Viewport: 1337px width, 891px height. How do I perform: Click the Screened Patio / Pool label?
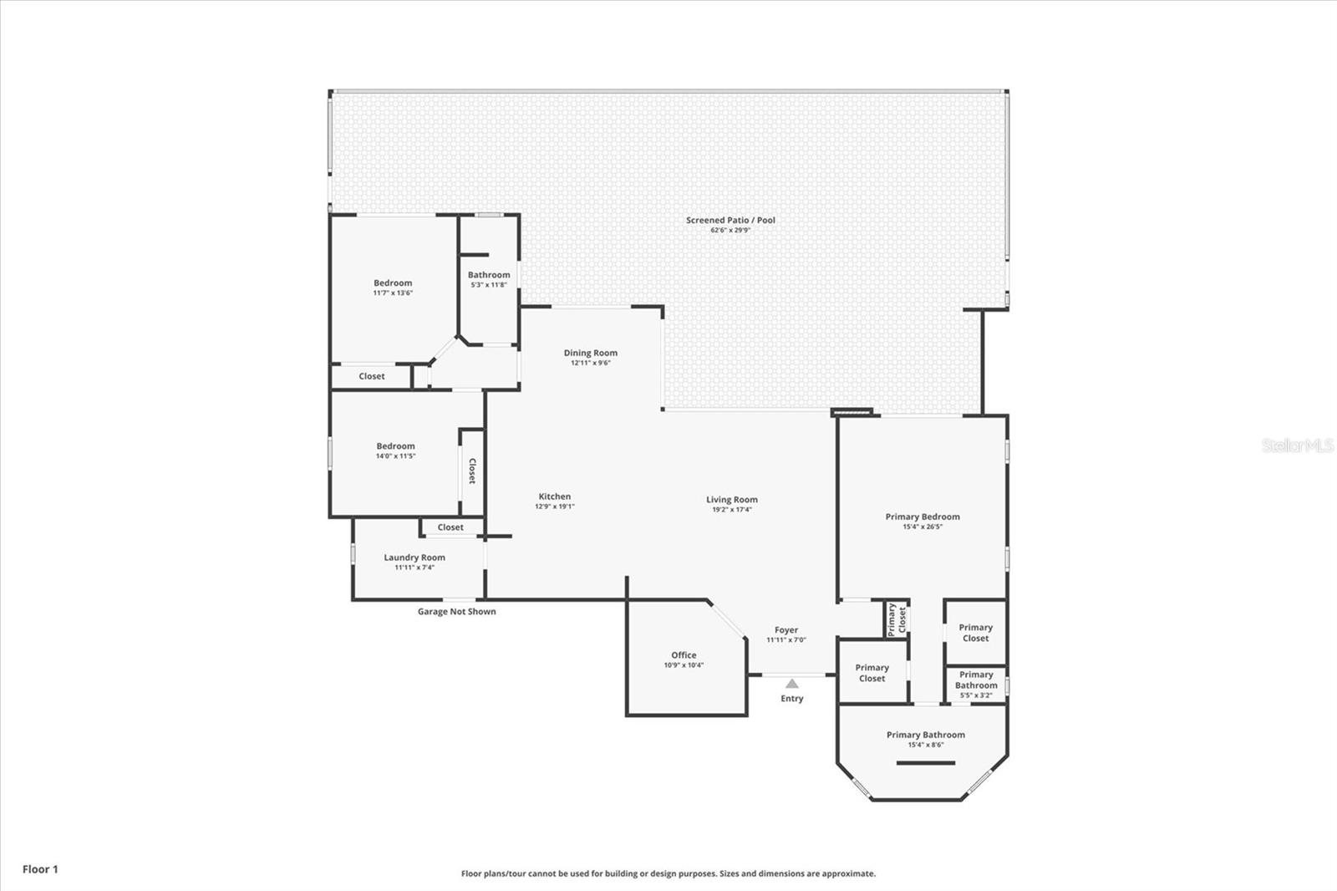[730, 221]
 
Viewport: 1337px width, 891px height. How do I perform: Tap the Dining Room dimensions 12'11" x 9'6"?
[590, 363]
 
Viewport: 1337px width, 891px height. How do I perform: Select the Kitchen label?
[554, 496]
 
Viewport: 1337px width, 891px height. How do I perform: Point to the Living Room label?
[731, 500]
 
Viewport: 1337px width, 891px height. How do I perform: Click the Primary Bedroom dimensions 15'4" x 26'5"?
[923, 527]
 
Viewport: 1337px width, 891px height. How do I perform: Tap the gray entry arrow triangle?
[791, 684]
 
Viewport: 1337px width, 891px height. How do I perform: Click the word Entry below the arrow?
[791, 699]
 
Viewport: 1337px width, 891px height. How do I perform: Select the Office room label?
[684, 655]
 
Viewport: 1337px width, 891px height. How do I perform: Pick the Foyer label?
[785, 630]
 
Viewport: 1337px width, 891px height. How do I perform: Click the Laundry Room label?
[414, 558]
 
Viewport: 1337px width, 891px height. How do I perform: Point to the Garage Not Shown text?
[456, 612]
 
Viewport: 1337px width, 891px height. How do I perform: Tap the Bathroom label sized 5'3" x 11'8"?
[489, 275]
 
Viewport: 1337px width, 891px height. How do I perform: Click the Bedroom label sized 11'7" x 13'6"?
[393, 283]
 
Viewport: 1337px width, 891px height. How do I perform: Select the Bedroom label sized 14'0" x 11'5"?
[395, 446]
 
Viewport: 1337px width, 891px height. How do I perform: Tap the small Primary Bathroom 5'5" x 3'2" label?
[976, 680]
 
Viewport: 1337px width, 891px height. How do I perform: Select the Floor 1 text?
[40, 869]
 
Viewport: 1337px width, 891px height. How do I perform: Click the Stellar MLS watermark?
[1298, 445]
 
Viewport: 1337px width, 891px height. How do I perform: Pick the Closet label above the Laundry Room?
[450, 527]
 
